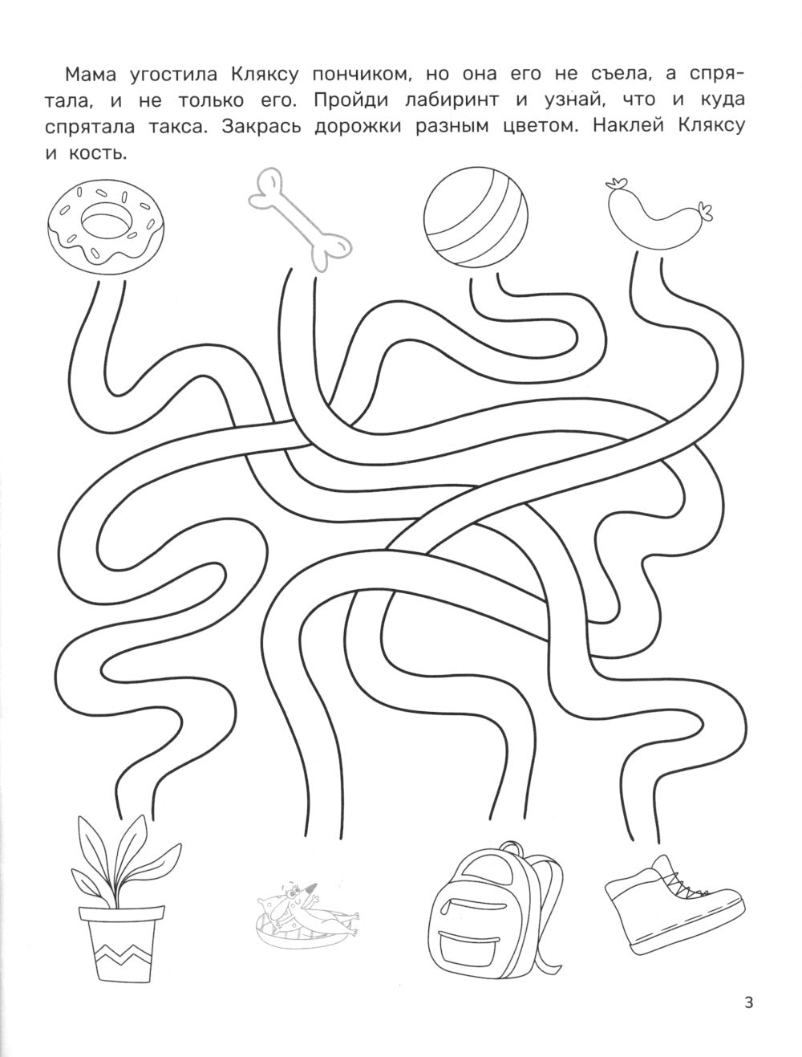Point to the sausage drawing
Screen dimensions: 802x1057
tap(658, 215)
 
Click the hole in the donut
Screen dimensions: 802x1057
tap(107, 222)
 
